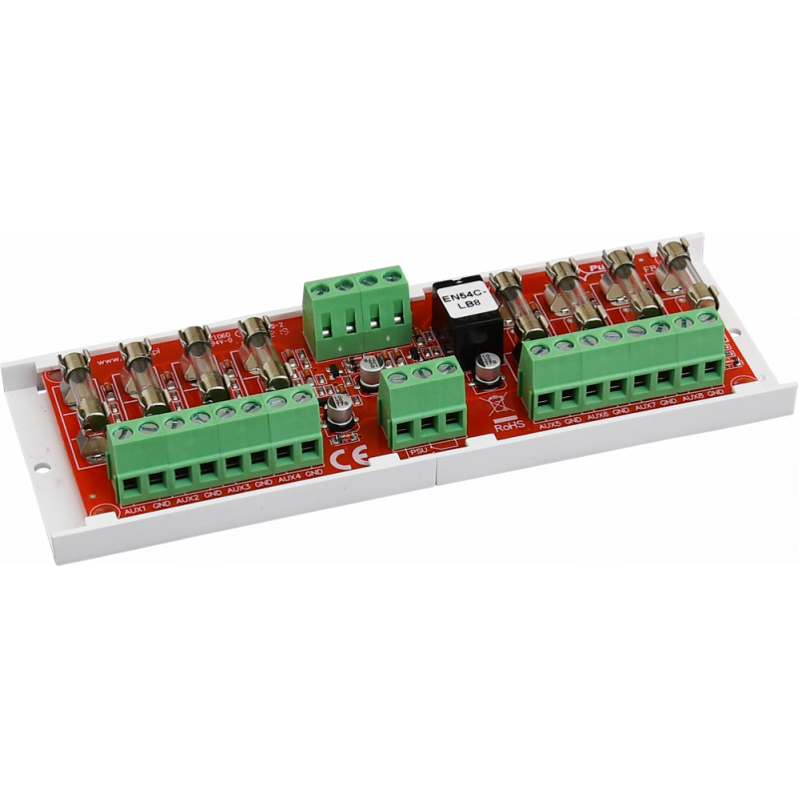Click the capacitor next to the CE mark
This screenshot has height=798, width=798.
click(x=335, y=417)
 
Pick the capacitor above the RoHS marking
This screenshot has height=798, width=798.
click(x=488, y=371)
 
